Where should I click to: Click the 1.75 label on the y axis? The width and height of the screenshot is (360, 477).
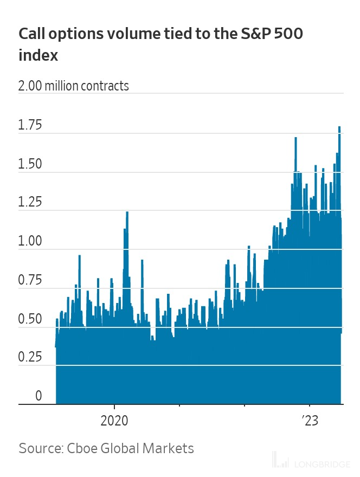(30, 125)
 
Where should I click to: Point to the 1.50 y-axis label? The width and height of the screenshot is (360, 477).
(30, 164)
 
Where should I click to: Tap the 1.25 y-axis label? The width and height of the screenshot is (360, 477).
(30, 202)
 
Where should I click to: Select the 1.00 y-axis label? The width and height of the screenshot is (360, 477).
(30, 241)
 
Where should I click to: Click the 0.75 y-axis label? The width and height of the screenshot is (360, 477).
(30, 280)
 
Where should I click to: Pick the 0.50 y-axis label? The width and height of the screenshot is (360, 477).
(30, 319)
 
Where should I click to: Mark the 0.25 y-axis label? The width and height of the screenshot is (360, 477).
(30, 357)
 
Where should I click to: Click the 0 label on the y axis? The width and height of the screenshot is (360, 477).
(38, 396)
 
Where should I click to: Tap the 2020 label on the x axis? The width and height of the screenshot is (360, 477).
(114, 421)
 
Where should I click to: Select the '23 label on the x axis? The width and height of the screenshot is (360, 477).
(310, 421)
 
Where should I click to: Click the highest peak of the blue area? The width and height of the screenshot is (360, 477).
(339, 127)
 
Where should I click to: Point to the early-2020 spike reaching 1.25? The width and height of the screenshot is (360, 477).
(127, 212)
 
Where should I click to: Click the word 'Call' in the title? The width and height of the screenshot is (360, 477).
(31, 34)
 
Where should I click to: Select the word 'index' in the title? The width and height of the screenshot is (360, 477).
(38, 55)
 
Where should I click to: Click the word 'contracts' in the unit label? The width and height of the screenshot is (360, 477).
(105, 86)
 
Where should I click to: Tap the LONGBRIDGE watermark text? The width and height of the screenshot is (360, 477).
(322, 465)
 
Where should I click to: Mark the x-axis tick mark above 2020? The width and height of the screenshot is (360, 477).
(114, 407)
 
